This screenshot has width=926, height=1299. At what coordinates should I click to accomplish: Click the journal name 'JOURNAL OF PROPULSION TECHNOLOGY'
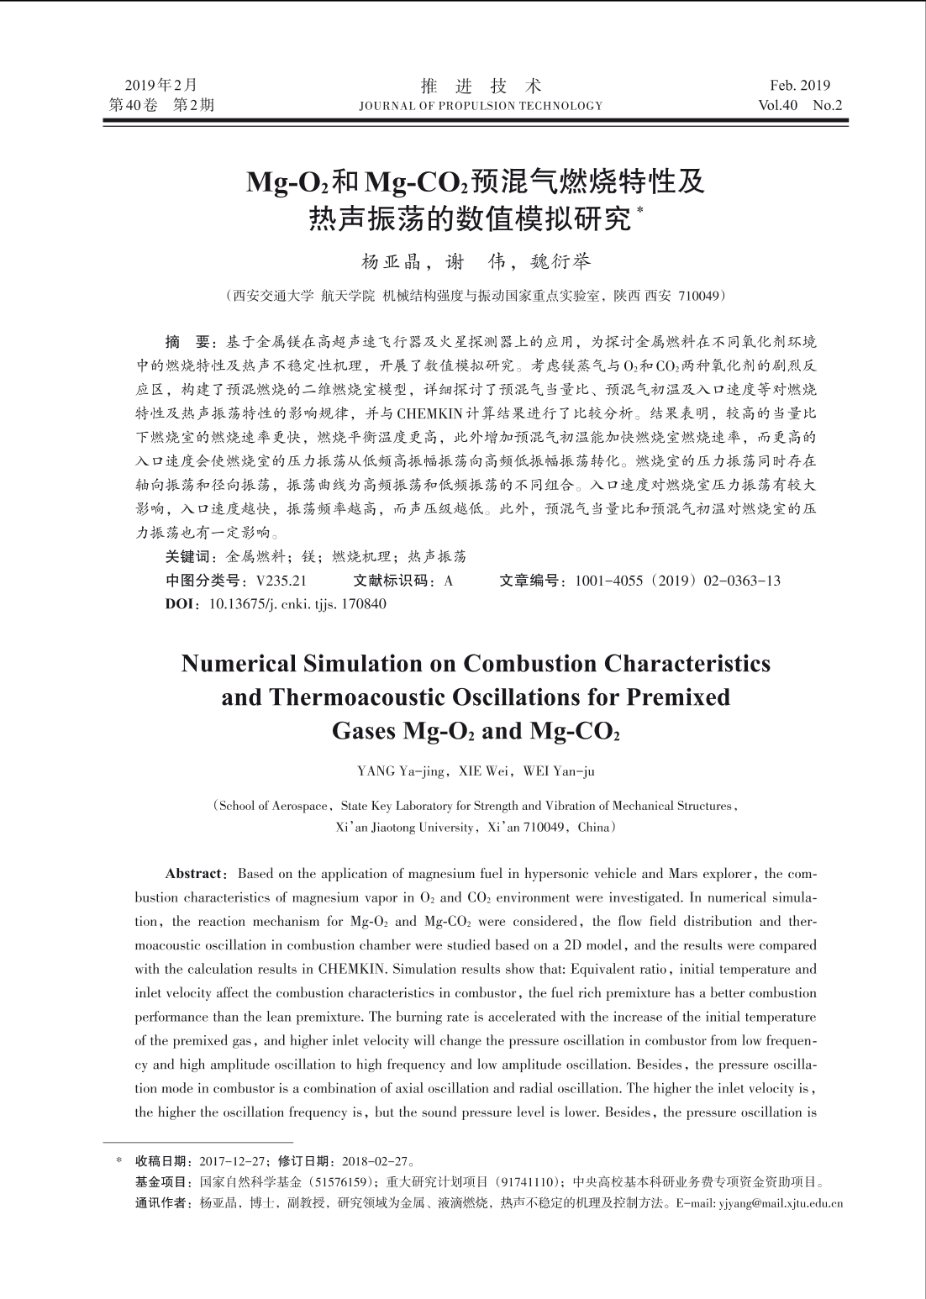click(x=481, y=106)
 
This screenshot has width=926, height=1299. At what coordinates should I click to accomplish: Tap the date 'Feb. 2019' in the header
click(x=799, y=85)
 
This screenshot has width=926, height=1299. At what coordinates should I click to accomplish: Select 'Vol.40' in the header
click(x=778, y=106)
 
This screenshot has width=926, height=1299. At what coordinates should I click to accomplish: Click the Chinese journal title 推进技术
click(x=481, y=85)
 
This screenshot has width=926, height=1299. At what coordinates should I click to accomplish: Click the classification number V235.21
click(x=281, y=581)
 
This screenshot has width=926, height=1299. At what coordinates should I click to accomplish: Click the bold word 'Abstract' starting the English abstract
click(x=194, y=874)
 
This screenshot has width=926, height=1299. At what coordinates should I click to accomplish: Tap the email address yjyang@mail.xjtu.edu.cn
click(x=779, y=1203)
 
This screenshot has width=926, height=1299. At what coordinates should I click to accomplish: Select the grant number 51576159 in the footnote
click(x=345, y=1182)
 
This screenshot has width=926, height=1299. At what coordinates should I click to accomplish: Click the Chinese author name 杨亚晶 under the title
click(x=390, y=262)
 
